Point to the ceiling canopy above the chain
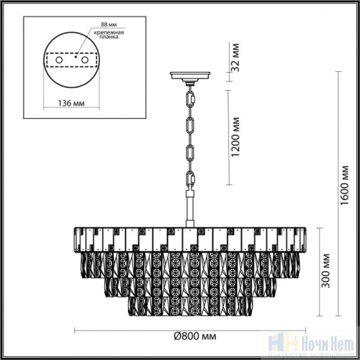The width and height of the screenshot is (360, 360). point(190,76)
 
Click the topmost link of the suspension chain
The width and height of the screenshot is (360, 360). point(190,94)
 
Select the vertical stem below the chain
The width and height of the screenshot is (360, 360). point(190,209)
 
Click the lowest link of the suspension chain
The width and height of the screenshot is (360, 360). point(190,179)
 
